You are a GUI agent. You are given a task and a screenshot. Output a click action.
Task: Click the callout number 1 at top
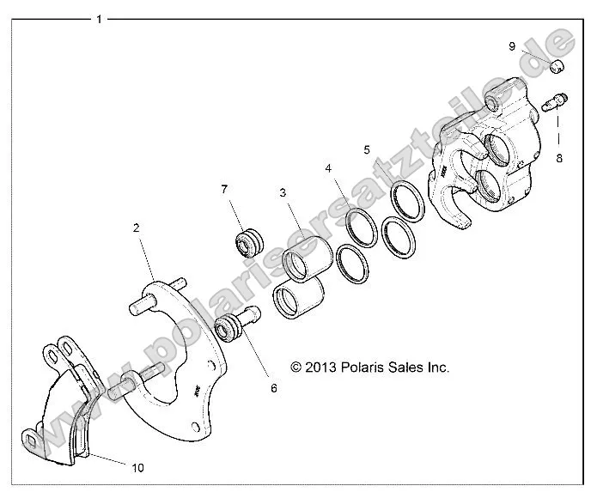(100, 18)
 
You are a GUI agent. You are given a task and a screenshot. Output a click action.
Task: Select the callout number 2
(136, 228)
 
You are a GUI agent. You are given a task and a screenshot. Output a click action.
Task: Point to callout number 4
(327, 169)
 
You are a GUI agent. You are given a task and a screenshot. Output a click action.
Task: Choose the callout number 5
(367, 149)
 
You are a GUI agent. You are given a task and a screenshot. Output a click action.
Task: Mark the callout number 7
(224, 189)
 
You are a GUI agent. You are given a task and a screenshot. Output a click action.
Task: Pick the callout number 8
(559, 158)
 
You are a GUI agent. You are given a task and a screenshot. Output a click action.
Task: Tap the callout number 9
(512, 46)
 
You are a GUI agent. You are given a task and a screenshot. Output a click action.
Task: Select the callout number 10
(138, 467)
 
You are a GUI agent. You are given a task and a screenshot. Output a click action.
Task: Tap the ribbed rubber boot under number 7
(250, 243)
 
